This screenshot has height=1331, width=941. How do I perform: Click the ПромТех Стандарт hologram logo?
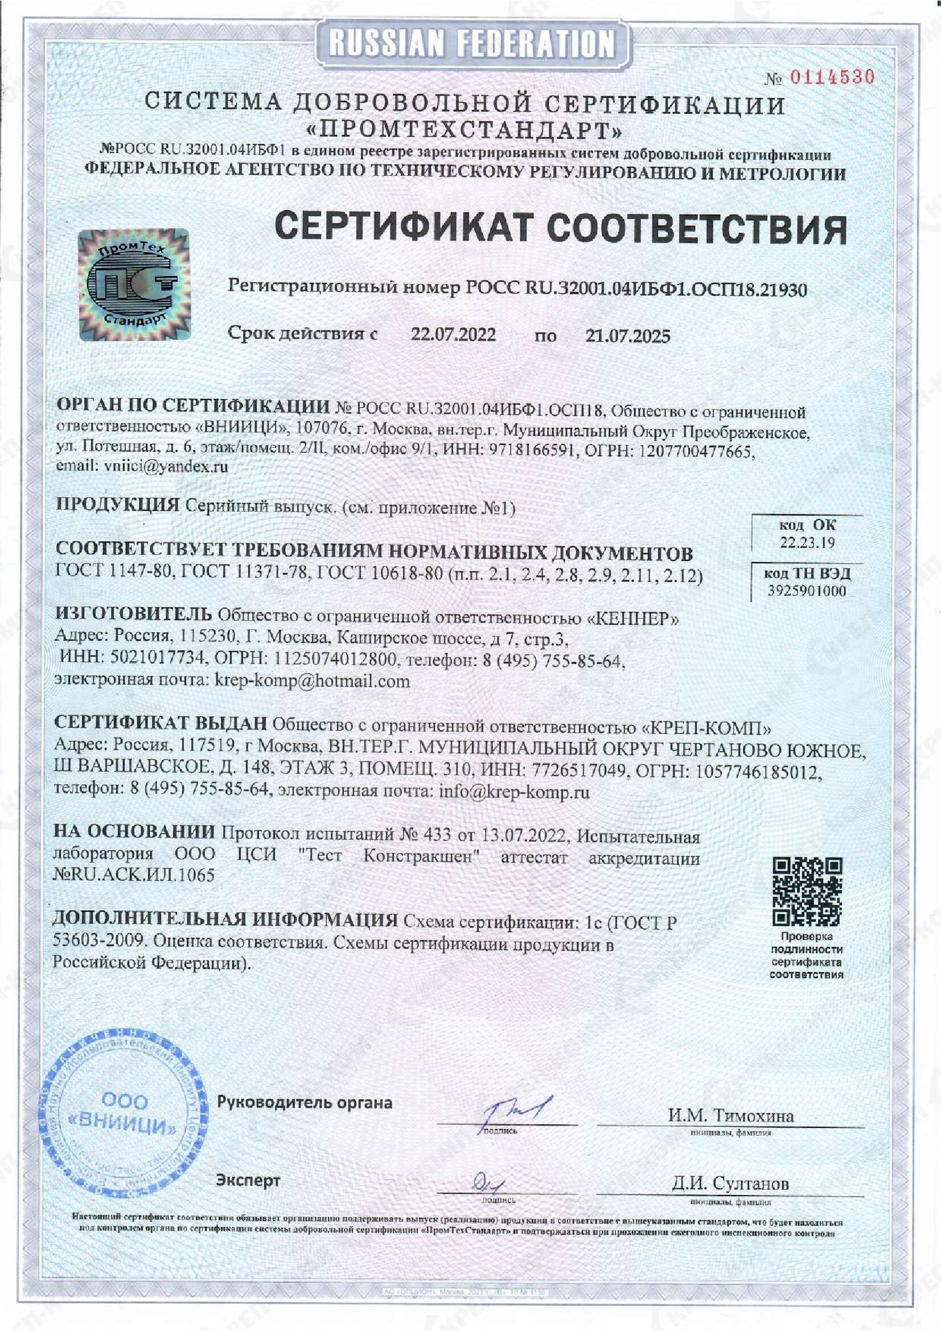[134, 284]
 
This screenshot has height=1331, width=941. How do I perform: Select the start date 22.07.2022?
[453, 335]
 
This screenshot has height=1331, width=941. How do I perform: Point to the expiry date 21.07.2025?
[627, 336]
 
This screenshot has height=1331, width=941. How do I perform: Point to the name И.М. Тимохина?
[730, 1115]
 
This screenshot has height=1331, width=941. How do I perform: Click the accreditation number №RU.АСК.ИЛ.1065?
[133, 875]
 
